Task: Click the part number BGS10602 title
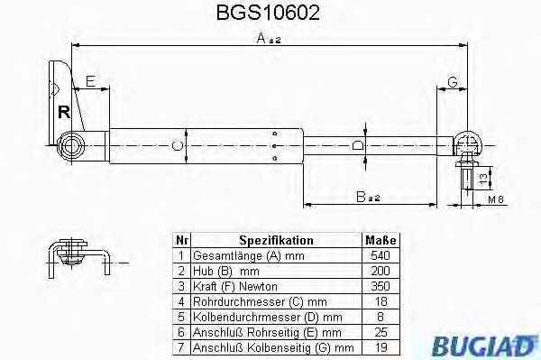(x=268, y=13)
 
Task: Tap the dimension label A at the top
(x=269, y=38)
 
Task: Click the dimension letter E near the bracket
(x=90, y=81)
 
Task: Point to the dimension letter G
(x=453, y=82)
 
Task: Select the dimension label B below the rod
(x=368, y=197)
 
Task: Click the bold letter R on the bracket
(x=64, y=112)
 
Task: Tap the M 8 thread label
(x=496, y=199)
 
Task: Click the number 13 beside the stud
(x=483, y=178)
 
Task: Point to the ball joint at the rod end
(x=467, y=144)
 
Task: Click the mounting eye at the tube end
(x=71, y=146)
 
